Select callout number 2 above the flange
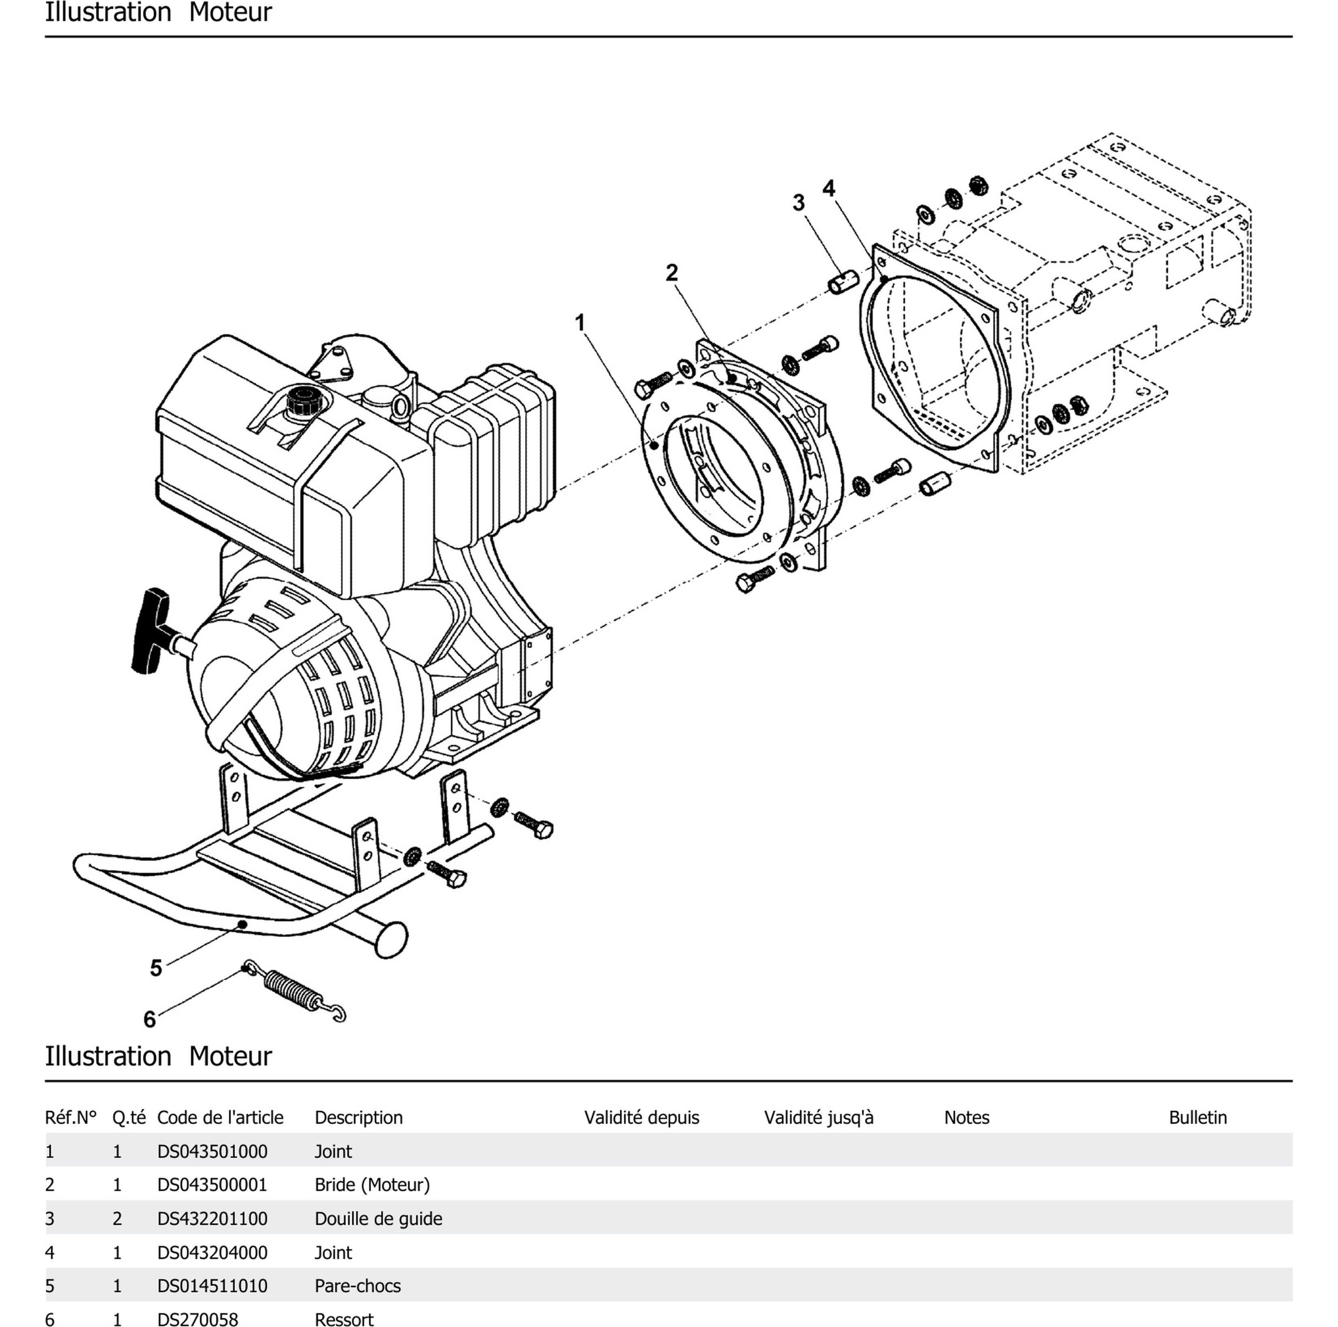pos(671,273)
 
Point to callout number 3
pos(799,203)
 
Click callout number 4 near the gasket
pos(828,188)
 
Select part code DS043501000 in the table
pos(212,1151)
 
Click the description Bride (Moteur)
pos(372,1185)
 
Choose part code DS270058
pos(198,1319)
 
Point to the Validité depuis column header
pos(641,1117)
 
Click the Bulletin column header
pos(1198,1117)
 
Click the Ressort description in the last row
pos(344,1319)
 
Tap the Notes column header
pos(966,1117)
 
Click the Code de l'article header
pos(220,1117)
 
